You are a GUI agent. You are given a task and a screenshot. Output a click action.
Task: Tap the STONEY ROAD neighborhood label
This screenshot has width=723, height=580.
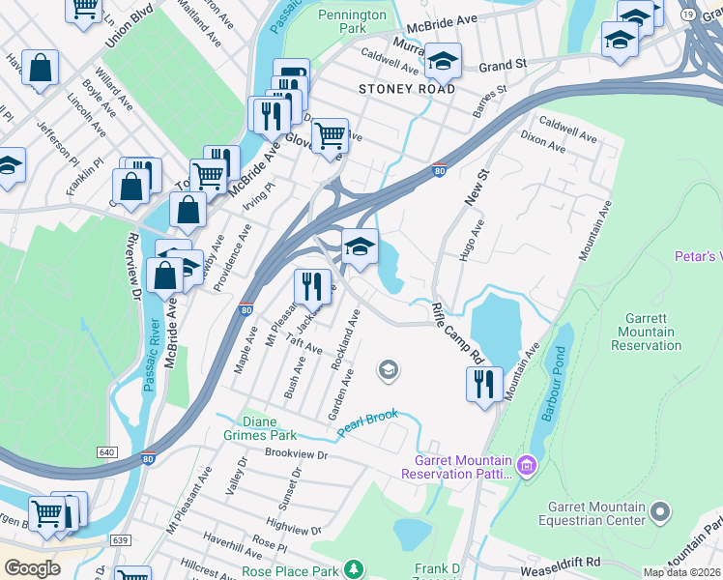[x=406, y=89]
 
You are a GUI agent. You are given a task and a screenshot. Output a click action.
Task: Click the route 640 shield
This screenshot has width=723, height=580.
[x=107, y=451]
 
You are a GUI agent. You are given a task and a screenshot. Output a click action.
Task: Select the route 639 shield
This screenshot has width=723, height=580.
[x=120, y=539]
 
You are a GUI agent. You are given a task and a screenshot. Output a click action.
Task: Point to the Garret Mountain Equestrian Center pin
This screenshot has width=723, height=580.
[x=660, y=509]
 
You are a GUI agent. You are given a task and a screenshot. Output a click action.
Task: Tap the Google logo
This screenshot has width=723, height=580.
[x=32, y=568]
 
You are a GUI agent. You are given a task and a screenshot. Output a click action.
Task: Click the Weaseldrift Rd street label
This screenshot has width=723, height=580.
[x=564, y=562]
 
